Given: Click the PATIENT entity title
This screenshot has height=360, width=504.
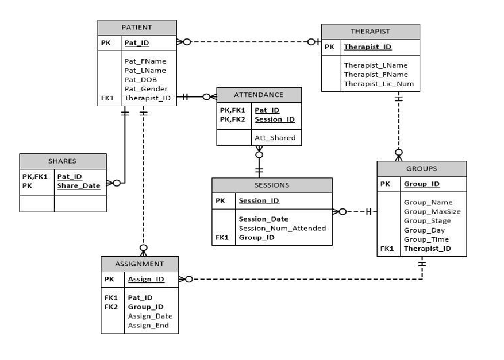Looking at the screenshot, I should (137, 27).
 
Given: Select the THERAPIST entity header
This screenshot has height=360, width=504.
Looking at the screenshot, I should (370, 31).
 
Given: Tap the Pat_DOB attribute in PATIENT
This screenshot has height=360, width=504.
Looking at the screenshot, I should (140, 80).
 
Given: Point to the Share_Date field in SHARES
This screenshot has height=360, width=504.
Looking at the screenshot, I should (78, 185).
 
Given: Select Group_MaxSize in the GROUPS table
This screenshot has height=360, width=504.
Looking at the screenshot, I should (432, 211).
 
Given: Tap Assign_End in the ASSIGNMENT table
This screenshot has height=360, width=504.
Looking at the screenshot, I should (148, 325).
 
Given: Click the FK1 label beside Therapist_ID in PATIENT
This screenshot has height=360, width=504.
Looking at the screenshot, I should (107, 98).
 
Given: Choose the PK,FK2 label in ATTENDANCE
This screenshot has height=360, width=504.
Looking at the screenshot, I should (232, 119).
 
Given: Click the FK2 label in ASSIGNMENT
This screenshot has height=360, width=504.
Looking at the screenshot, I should (110, 307).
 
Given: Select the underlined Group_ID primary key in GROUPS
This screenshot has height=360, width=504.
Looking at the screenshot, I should (421, 184).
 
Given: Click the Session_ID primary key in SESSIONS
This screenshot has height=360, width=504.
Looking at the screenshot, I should (259, 201).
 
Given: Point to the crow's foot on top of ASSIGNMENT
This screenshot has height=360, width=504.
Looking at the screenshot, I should (144, 249).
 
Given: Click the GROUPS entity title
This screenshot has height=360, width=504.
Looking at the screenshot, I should (421, 168).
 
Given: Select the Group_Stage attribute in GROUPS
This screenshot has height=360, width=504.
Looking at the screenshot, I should (427, 220).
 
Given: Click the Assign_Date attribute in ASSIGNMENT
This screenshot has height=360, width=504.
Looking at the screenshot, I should (149, 316).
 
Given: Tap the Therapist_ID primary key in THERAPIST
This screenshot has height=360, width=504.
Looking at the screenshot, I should (367, 47).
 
